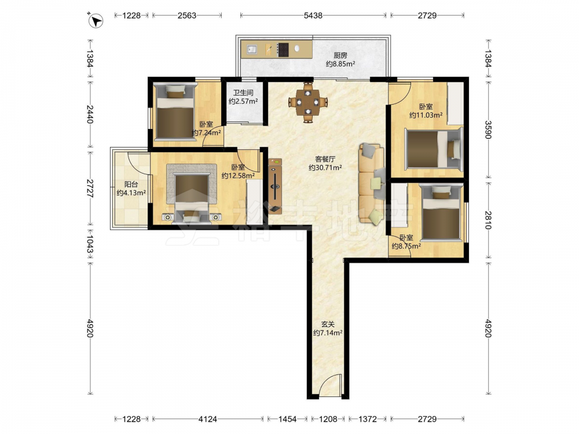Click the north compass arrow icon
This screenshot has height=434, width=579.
click(x=96, y=21)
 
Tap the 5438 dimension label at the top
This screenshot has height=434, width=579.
click(x=313, y=16)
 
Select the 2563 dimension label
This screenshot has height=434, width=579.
click(x=187, y=16)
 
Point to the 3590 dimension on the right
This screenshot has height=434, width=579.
click(x=488, y=130)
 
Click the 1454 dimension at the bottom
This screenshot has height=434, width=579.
click(x=287, y=419)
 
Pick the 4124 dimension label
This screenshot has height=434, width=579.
click(x=207, y=419)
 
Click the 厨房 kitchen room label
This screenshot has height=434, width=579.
click(x=340, y=56)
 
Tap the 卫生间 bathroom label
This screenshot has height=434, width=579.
click(x=243, y=93)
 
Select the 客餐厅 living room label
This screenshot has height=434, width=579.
click(x=325, y=159)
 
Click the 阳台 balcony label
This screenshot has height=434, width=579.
click(x=131, y=184)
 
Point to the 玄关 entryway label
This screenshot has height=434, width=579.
click(x=328, y=325)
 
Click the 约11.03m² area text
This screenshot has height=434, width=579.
click(x=426, y=115)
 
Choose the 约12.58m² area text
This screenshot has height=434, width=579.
click(x=238, y=176)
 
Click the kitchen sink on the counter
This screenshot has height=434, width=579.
click(x=252, y=49)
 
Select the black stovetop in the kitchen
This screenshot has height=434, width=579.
click(x=283, y=50)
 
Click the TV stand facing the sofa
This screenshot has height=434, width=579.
click(x=275, y=186)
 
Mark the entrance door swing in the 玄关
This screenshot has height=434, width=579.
click(x=330, y=385)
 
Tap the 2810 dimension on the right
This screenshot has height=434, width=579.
click(x=488, y=220)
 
